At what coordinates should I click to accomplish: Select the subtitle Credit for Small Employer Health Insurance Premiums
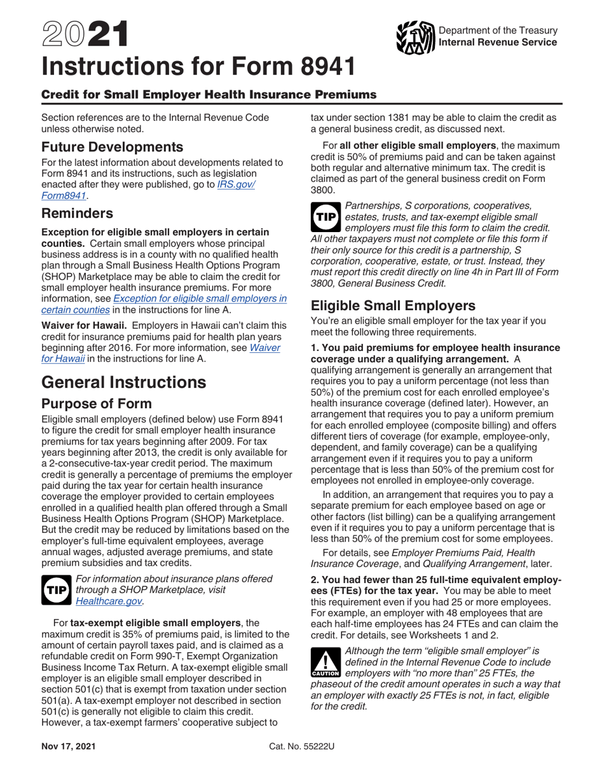point(209,95)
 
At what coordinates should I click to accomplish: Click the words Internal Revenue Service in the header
point(498,42)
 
